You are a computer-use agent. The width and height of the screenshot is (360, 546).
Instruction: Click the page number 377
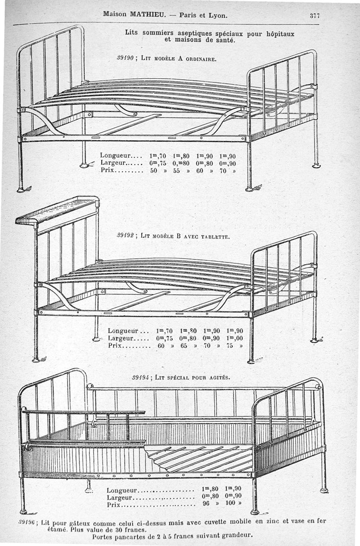click(x=315, y=15)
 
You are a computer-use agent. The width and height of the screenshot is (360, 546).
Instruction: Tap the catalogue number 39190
click(x=124, y=59)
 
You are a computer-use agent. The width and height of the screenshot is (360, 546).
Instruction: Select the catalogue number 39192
click(x=126, y=235)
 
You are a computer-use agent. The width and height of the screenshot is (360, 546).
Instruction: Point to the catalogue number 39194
click(x=141, y=377)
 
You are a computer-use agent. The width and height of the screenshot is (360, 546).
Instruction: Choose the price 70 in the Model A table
click(x=226, y=171)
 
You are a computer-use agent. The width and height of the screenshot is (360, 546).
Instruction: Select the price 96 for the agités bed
click(x=207, y=503)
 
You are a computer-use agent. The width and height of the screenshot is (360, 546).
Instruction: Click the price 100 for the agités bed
click(x=230, y=503)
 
